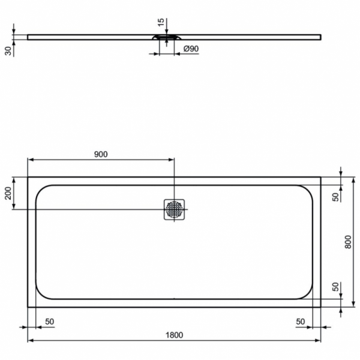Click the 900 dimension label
point(101,154)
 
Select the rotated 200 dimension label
point(8,193)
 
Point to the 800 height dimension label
point(349,242)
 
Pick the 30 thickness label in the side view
point(8,50)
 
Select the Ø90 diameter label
point(191,49)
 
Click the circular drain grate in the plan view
point(174,209)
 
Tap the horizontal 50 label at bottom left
point(49,322)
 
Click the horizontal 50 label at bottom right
point(300,322)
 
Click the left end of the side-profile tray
point(28,37)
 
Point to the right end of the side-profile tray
point(320,37)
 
